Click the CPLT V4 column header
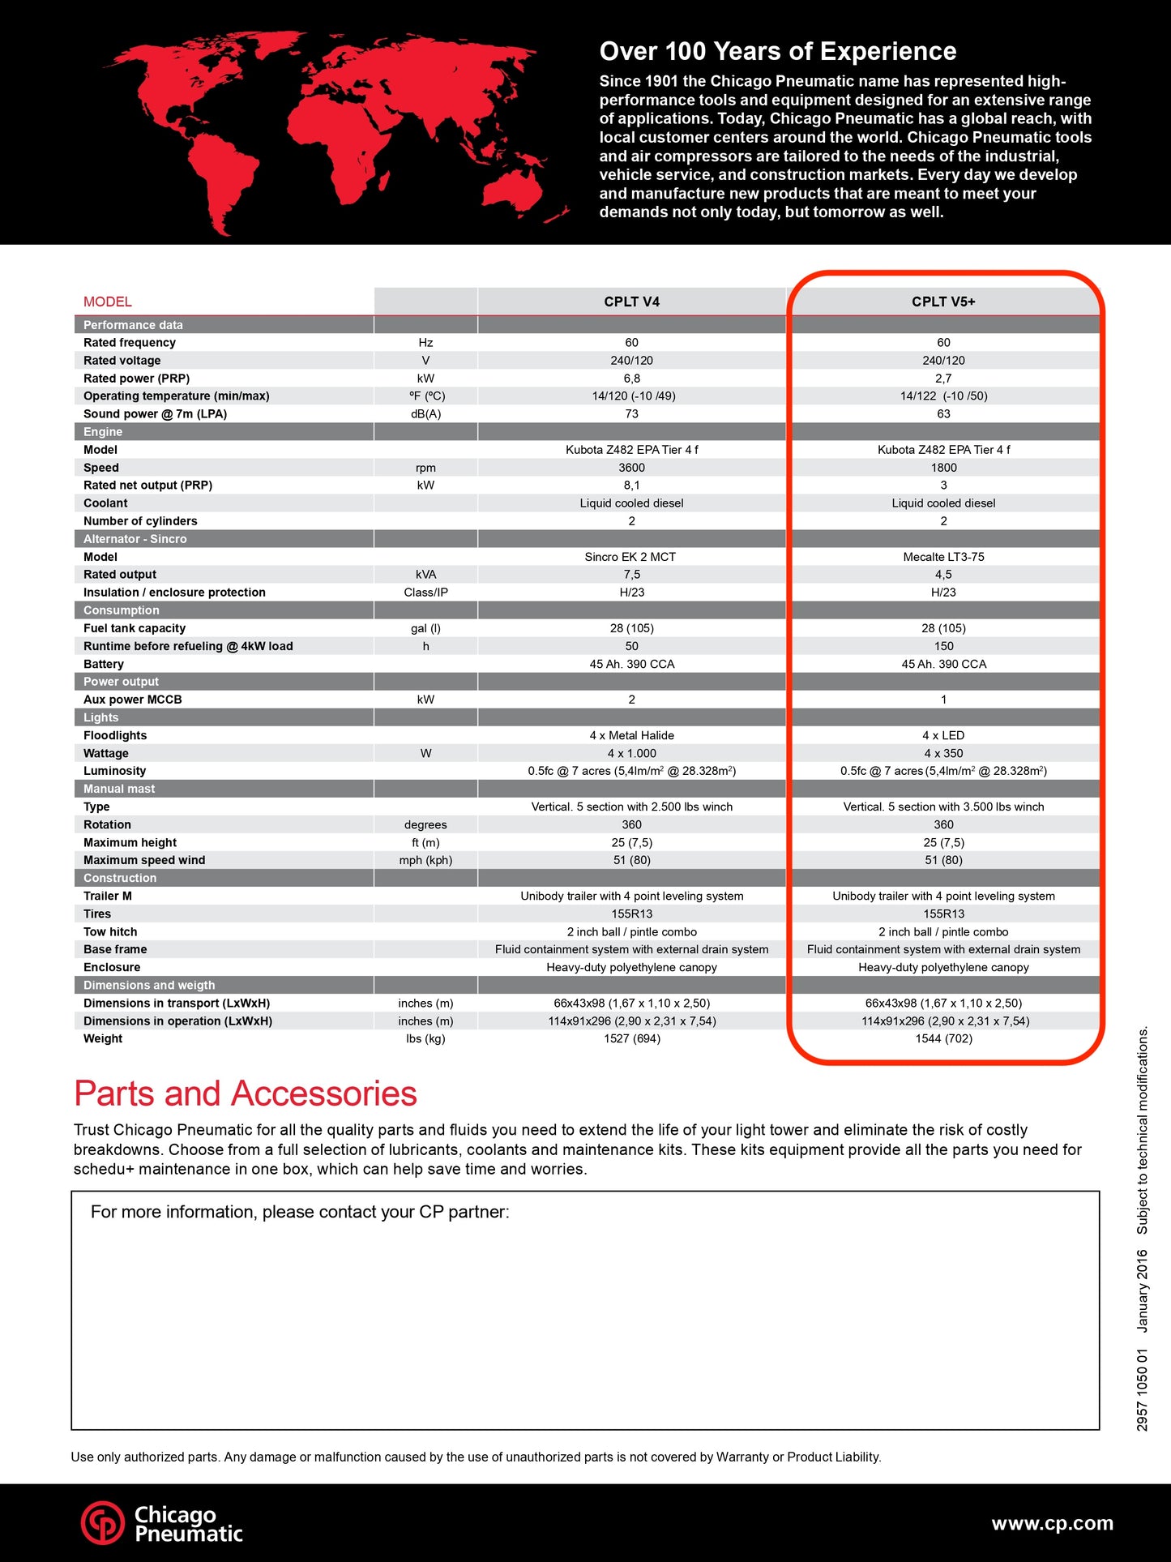pos(631,302)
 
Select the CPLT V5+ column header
pos(943,302)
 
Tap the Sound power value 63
pos(943,414)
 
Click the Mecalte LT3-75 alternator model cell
pos(943,557)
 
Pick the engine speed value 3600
pos(631,468)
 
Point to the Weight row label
pos(103,1039)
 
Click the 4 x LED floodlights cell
pos(943,735)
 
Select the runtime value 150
pos(943,646)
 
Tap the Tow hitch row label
pos(110,932)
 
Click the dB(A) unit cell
pos(425,414)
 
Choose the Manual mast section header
pos(119,789)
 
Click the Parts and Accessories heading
pos(245,1093)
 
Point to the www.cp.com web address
pos(1052,1523)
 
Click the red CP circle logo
pos(103,1523)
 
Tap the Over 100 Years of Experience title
pos(777,51)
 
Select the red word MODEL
pos(107,302)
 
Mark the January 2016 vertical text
pos(1142,1290)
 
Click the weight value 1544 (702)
pos(943,1039)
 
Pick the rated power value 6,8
pos(631,379)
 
